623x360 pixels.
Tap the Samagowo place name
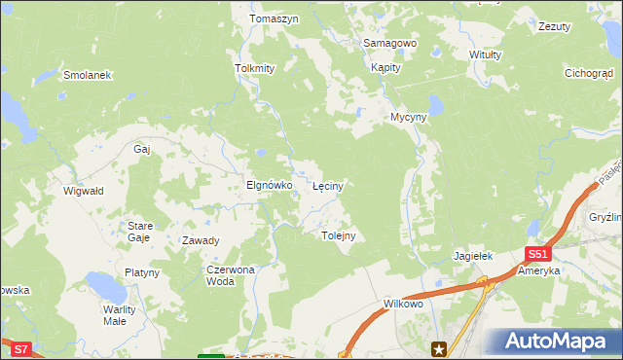click(x=389, y=44)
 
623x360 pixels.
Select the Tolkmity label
click(x=256, y=69)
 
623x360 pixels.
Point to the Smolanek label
click(x=88, y=75)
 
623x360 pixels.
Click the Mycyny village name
click(x=409, y=117)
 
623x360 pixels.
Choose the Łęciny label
click(x=327, y=184)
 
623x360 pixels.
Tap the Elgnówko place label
click(x=270, y=184)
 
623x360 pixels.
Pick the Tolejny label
click(x=338, y=235)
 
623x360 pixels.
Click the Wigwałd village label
click(x=83, y=192)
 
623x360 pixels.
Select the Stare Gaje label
click(x=139, y=231)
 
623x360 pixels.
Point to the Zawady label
click(x=201, y=240)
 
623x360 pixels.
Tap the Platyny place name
click(x=142, y=273)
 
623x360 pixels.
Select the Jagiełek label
click(x=474, y=256)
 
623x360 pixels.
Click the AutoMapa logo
click(x=552, y=342)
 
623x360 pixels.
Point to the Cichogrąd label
click(x=589, y=73)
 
